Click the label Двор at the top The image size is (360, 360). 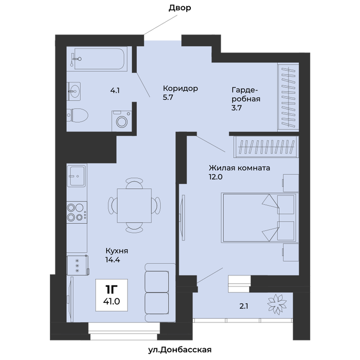(180, 8)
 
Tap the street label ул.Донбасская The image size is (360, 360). (180, 350)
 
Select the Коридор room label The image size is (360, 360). (181, 88)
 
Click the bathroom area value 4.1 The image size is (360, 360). (115, 91)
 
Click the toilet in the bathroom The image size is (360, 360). (78, 115)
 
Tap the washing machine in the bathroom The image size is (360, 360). (122, 121)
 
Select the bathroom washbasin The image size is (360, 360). (74, 91)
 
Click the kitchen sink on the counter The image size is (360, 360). (77, 176)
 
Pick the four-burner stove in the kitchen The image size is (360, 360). (77, 212)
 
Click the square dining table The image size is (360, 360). (134, 206)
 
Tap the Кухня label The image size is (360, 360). (117, 251)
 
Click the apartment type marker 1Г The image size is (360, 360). (112, 290)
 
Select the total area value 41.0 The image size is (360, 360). (112, 301)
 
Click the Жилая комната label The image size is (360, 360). (239, 168)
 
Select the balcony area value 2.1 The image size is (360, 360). (244, 306)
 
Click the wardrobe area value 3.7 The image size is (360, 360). (237, 107)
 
